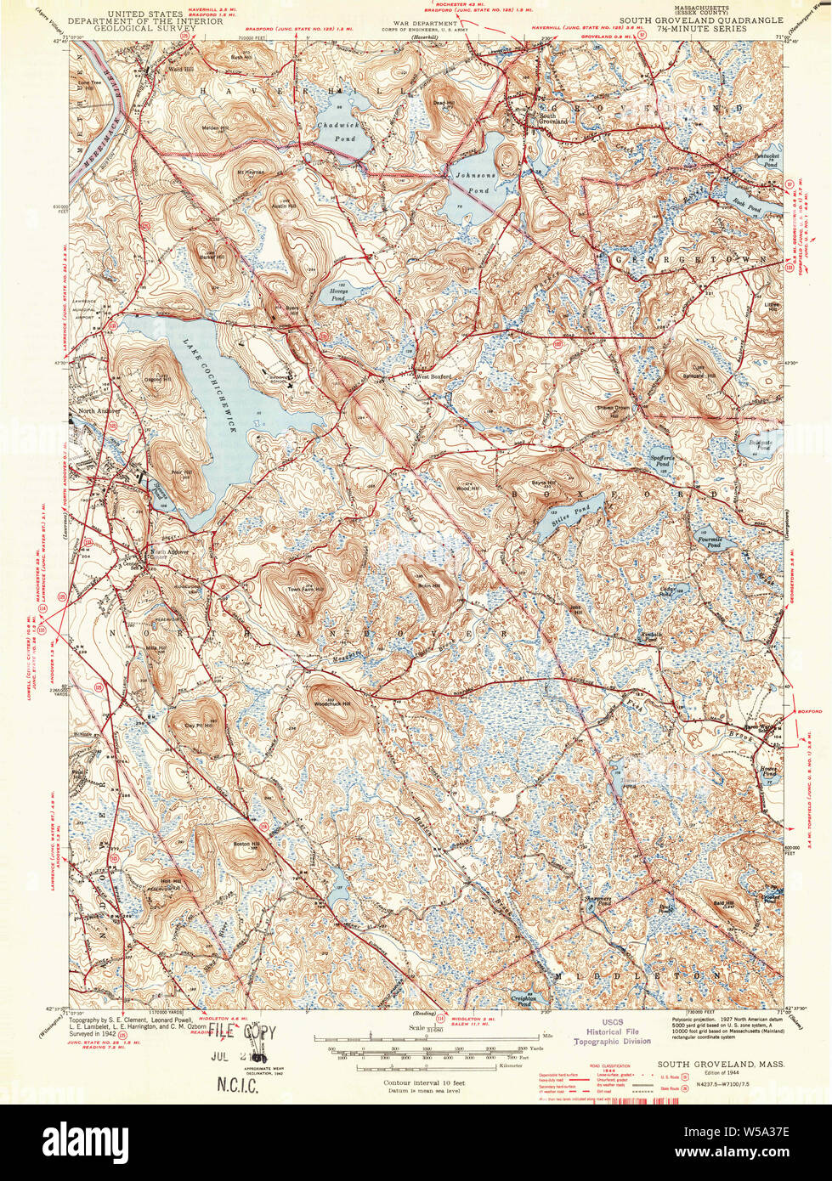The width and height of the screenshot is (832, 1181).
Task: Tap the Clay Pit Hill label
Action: coord(200,725)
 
